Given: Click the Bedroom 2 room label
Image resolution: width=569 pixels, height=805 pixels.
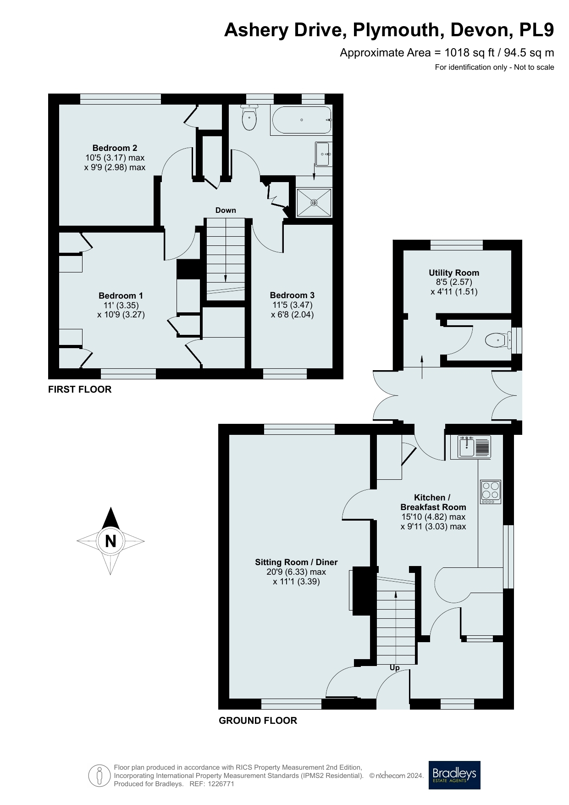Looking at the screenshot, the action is [115, 148].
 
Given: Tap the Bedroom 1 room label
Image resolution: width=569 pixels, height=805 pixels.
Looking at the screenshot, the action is [121, 295].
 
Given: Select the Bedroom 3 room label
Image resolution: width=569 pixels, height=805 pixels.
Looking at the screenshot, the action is [292, 295].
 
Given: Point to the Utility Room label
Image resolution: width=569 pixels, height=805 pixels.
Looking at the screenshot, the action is [454, 272].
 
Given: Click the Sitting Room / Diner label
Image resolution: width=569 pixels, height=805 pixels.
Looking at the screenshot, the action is [296, 562].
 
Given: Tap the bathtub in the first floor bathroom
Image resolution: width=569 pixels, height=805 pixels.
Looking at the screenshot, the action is [302, 120].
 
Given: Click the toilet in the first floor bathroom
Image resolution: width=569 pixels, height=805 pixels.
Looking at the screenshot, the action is [249, 117].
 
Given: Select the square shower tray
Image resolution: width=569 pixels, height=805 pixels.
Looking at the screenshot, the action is [314, 202].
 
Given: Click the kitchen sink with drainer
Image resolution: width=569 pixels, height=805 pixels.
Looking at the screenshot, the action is [470, 447].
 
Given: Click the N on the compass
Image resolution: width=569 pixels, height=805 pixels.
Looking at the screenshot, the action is [110, 541].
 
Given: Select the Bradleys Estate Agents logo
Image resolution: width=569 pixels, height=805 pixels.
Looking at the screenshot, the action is [454, 775].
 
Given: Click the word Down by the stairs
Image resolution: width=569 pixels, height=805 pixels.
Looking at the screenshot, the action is [226, 210].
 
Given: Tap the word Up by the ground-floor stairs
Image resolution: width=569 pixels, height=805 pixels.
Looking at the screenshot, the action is [394, 668].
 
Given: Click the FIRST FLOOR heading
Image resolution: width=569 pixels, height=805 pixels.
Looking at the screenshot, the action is [80, 389].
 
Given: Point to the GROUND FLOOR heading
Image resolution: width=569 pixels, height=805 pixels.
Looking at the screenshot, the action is [258, 721].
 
